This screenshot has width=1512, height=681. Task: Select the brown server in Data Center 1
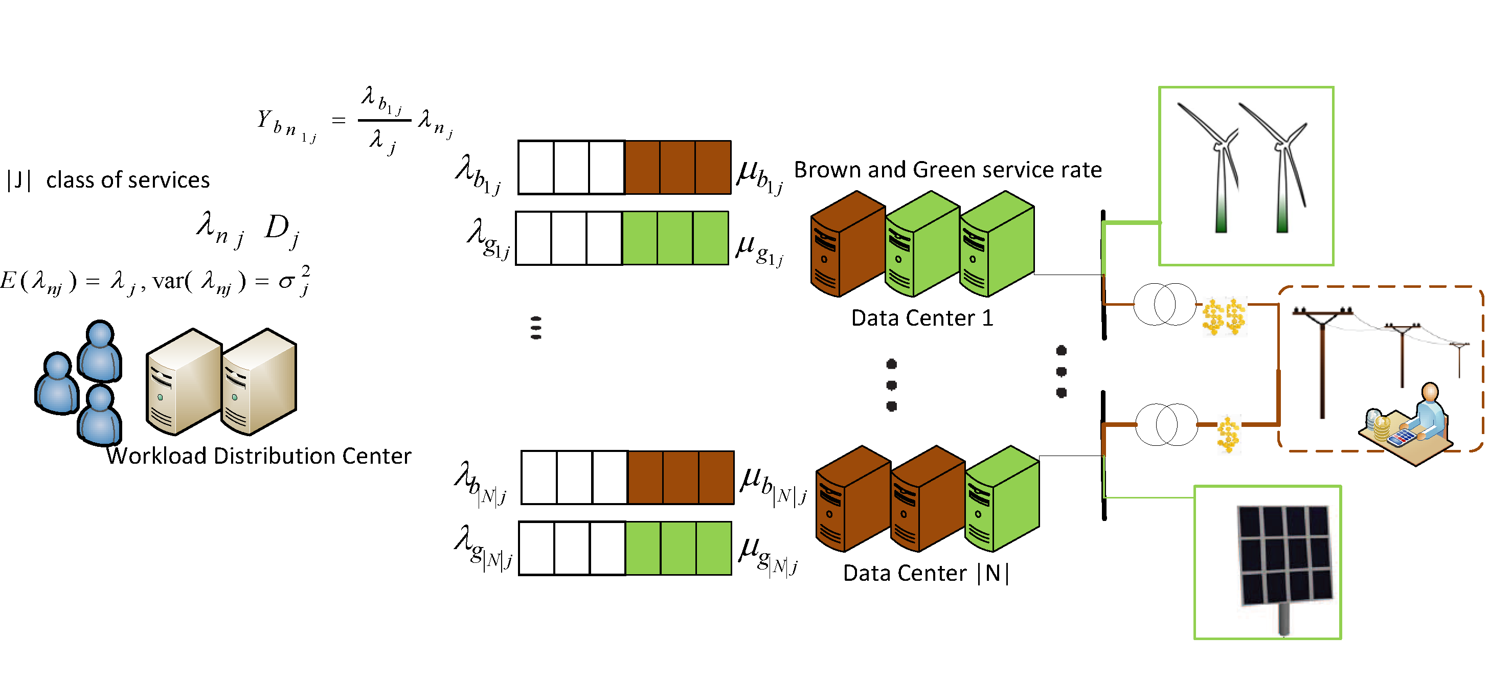pos(848,244)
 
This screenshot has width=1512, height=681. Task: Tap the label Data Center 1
pos(922,318)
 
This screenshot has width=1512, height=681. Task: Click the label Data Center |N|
pos(926,573)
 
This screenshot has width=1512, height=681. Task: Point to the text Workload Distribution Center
pos(259,456)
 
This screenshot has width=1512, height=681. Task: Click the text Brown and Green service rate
pos(948,170)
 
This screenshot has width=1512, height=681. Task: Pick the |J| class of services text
pos(108,179)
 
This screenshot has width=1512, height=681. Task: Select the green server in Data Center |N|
pos(1002,498)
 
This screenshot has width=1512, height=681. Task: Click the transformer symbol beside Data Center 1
pos(1164,304)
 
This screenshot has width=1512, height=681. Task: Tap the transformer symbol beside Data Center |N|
pos(1167,424)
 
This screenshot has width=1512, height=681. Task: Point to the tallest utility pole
pos(1322,361)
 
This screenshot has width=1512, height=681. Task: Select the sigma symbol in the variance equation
pos(286,282)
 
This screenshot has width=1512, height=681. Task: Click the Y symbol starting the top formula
pos(265,119)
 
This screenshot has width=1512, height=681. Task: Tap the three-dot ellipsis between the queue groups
pos(535,328)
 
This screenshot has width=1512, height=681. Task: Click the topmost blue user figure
pos(100,351)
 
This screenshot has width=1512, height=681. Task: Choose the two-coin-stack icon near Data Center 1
pos(1225,317)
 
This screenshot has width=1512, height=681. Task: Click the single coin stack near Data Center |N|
pos(1228,435)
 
